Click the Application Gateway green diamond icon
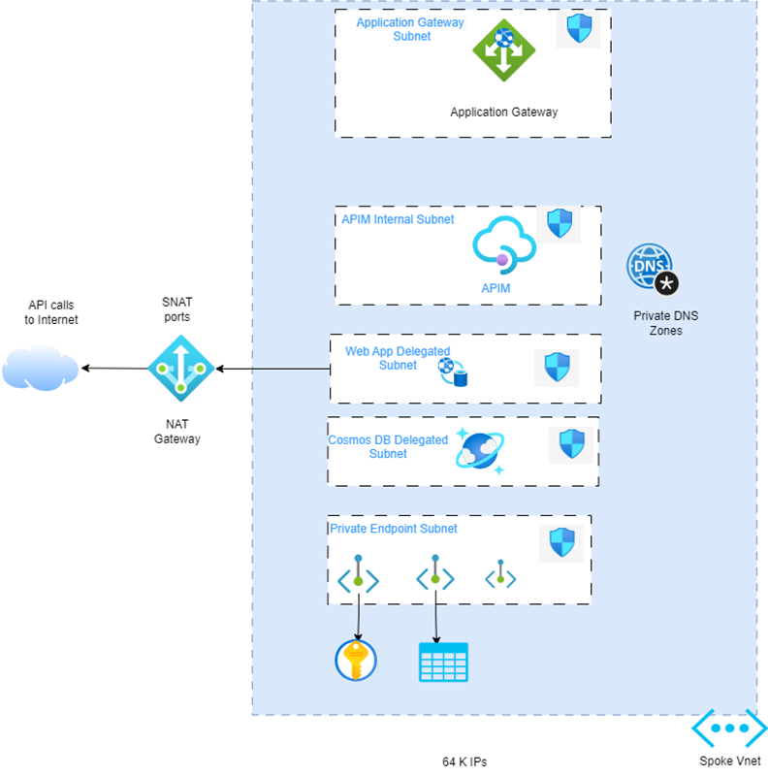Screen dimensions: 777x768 coord(503,50)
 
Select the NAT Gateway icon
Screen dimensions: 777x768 coord(180,368)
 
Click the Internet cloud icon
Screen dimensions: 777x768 coord(40,368)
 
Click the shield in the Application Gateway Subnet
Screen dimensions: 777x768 coord(578,30)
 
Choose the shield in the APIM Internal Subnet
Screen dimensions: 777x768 coord(560,224)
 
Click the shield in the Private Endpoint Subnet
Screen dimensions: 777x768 coord(562,542)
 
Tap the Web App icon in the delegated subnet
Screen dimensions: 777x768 coord(452,371)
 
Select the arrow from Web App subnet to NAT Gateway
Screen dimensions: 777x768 coord(272,369)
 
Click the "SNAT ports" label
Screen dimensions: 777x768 coord(176,309)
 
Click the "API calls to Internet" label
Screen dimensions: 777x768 coord(51,312)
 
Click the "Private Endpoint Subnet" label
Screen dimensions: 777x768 coord(394,529)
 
